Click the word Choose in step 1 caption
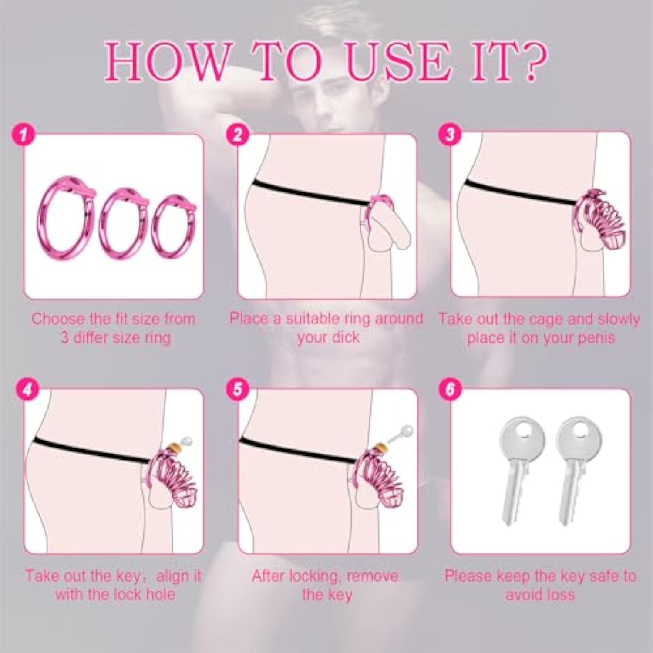click(58, 319)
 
